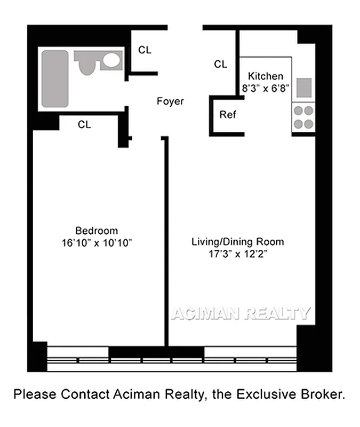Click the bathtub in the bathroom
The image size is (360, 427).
(x=55, y=78)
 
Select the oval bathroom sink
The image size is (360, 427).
(x=111, y=60)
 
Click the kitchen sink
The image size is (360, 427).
(x=305, y=86)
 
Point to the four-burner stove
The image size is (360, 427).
(x=303, y=117)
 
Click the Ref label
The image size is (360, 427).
(x=227, y=114)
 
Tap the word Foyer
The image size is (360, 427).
(x=170, y=101)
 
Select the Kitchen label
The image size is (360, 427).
(x=266, y=76)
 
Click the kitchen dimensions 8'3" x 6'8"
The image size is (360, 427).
(x=266, y=89)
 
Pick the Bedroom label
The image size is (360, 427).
(x=96, y=231)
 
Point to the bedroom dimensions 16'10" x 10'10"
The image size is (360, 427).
(x=96, y=242)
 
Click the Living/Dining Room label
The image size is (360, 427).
(x=237, y=242)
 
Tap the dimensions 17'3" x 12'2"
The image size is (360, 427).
(x=237, y=254)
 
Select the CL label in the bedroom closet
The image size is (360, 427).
(x=84, y=124)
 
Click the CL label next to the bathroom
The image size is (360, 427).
(x=145, y=50)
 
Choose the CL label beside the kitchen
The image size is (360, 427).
(x=220, y=64)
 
